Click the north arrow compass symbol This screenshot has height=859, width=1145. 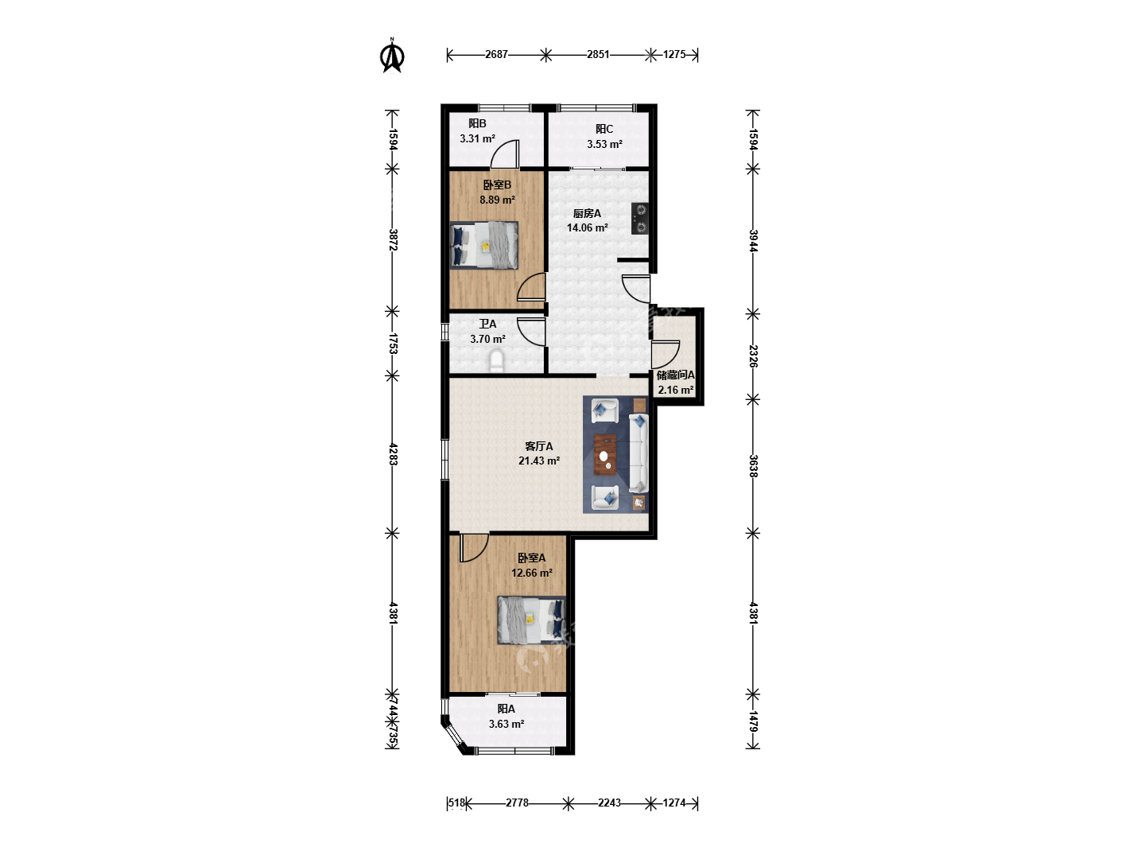click(x=392, y=56)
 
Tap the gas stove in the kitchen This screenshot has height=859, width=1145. click(x=640, y=219)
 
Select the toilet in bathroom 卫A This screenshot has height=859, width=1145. click(x=497, y=361)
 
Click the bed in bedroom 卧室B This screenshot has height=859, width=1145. click(x=484, y=245)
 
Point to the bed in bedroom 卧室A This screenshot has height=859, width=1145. click(x=532, y=620)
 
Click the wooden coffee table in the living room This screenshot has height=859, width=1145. click(x=605, y=455)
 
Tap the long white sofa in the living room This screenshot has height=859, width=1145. click(x=638, y=453)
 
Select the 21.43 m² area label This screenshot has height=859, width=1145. click(x=539, y=461)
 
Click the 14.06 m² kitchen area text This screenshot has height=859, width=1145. click(x=588, y=227)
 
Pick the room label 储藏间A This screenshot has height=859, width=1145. click(x=676, y=375)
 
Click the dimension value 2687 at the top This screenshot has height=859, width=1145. click(x=496, y=54)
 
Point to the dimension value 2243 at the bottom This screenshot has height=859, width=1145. click(x=609, y=803)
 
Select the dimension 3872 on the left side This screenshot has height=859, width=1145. click(x=393, y=240)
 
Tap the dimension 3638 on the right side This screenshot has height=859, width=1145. click(x=753, y=466)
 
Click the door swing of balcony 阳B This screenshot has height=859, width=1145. click(x=505, y=154)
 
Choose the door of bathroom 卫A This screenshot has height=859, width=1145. click(x=532, y=332)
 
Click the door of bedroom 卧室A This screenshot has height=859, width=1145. click(x=474, y=548)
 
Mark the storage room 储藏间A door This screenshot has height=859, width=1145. click(x=666, y=355)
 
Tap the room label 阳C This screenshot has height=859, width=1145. click(x=604, y=129)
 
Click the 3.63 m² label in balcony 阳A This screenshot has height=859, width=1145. click(x=506, y=724)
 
